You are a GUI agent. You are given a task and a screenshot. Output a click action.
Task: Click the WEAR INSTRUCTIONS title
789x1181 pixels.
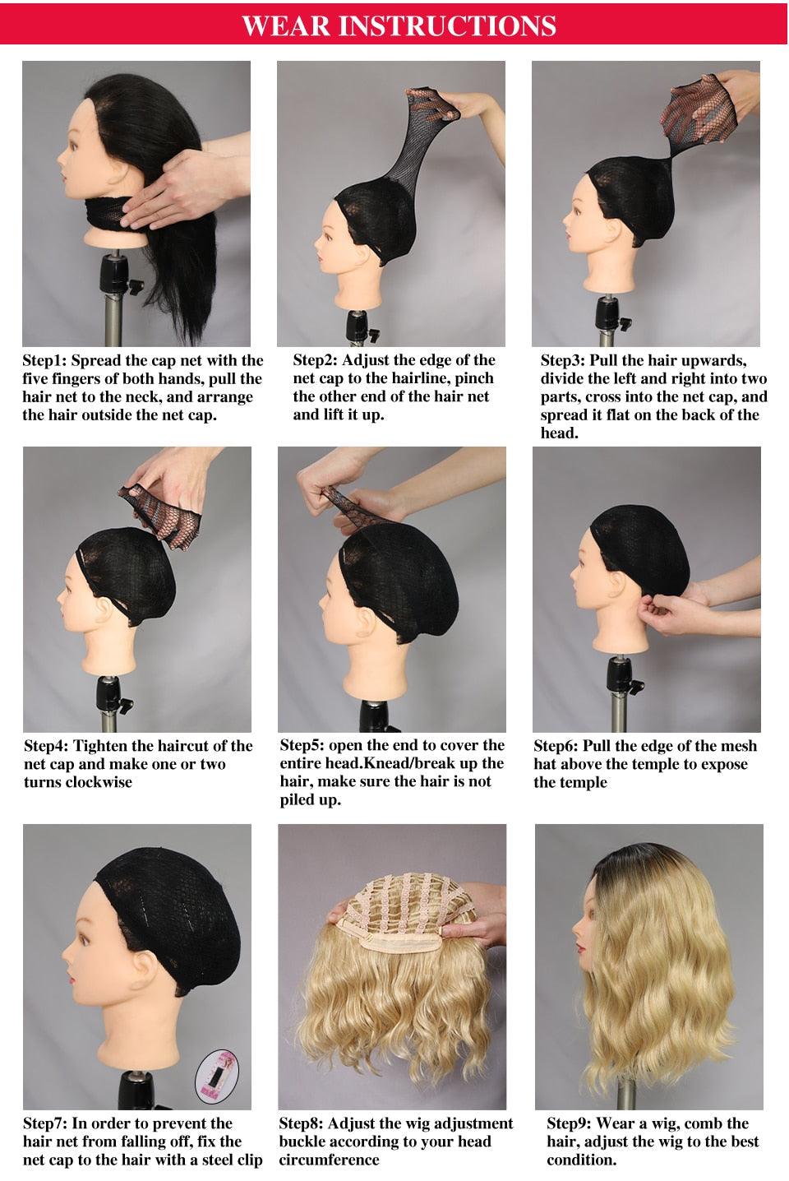399,25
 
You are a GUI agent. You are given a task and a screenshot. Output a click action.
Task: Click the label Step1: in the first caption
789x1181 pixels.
46,360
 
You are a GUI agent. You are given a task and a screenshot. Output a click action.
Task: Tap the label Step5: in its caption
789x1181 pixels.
303,745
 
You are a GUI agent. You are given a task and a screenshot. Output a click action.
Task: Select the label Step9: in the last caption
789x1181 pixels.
570,1123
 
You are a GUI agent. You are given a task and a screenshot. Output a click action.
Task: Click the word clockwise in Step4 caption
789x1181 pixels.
95,781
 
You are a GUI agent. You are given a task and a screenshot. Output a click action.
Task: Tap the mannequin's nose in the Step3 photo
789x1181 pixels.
567,216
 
